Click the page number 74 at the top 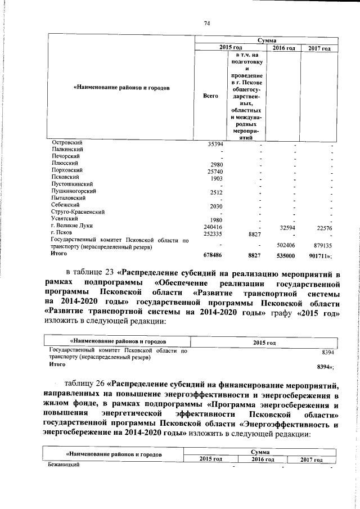tap(206, 23)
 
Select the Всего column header tap(210, 96)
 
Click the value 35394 tap(215, 145)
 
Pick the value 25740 tap(215, 171)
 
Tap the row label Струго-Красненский tap(78, 212)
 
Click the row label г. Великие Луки tap(71, 226)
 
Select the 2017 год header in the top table tap(319, 49)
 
